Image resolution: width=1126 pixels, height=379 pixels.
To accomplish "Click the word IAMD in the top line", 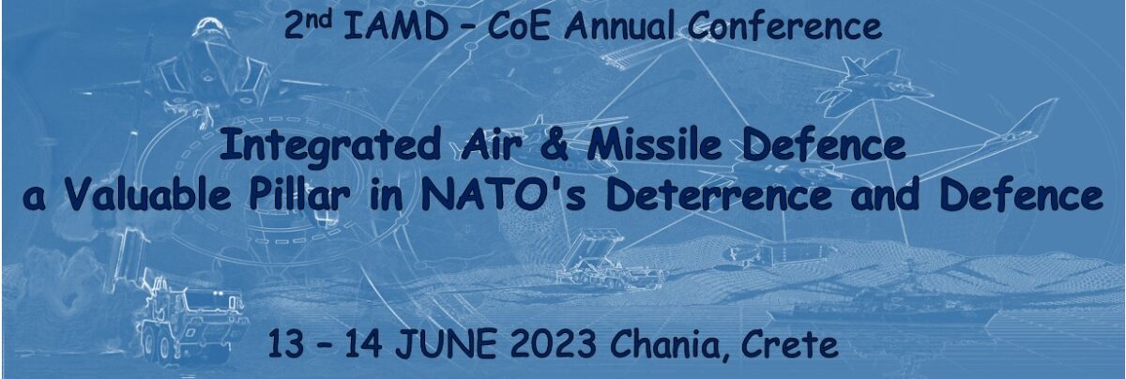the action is click(x=396, y=26).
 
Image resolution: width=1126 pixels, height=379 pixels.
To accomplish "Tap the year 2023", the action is click(x=554, y=343).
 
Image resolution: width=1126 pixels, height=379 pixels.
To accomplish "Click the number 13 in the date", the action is click(x=286, y=343).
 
